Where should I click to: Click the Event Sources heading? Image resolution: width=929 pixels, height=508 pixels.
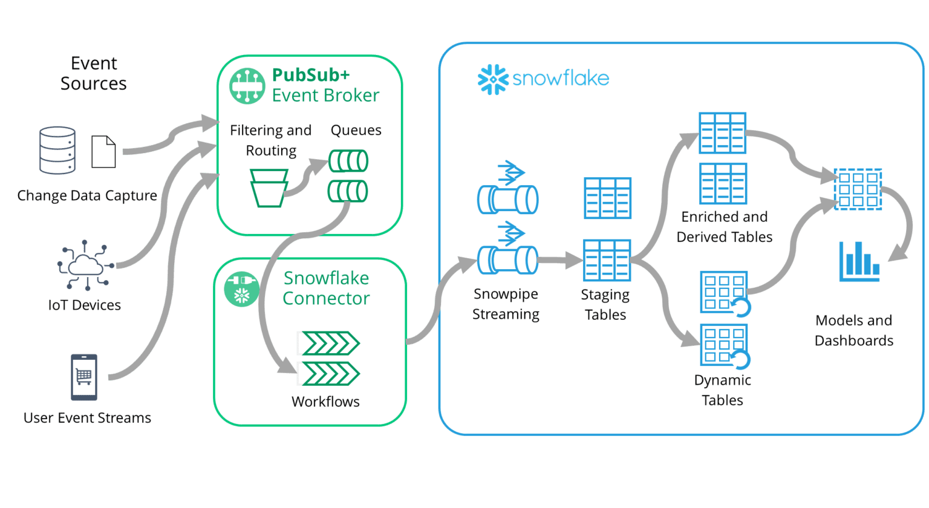94,73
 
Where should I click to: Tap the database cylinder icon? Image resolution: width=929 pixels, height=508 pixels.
57,150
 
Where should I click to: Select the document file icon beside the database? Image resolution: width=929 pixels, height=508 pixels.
103,152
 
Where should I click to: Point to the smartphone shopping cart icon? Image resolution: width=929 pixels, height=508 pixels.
84,377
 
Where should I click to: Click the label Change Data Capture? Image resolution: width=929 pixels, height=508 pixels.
87,195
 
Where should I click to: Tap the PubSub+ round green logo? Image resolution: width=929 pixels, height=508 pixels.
247,86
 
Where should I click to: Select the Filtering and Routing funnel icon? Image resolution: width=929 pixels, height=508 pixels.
269,188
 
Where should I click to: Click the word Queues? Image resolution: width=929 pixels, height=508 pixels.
356,130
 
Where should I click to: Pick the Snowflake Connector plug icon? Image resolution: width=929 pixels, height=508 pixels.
241,288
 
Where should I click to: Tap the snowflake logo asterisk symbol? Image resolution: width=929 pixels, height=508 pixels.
492,79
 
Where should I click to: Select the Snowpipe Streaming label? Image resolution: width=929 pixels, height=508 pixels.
506,304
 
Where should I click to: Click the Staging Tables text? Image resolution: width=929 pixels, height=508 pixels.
605,305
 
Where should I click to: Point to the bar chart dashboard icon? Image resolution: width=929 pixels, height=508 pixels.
859,261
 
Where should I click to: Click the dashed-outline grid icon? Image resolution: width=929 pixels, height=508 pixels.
858,189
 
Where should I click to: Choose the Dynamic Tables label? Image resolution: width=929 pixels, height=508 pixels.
722,390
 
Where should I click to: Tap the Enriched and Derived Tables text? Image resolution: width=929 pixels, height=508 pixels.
724,227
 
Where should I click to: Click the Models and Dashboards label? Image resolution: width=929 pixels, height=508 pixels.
853,330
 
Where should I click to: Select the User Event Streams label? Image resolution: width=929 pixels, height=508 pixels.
87,418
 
